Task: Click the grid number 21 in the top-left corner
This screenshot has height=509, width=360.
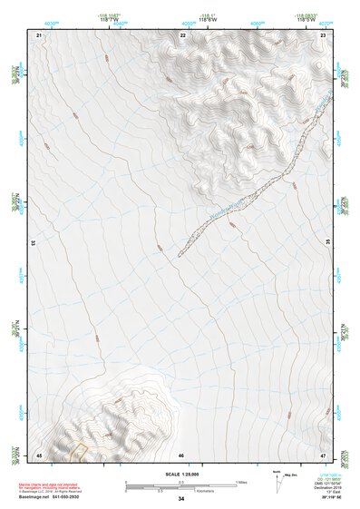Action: [x=39, y=34]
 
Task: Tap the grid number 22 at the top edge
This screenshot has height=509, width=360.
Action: [x=182, y=34]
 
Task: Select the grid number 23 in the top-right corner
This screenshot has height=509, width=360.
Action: [x=323, y=34]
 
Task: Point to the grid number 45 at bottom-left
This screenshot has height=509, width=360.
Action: [x=39, y=454]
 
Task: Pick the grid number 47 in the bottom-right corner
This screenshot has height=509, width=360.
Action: [x=323, y=454]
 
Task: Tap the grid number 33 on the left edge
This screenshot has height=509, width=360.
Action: [x=34, y=243]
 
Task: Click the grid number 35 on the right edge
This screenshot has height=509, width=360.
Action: [x=328, y=243]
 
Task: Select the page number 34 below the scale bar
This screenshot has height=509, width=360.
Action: [x=181, y=499]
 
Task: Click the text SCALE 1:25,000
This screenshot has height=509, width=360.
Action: [x=181, y=474]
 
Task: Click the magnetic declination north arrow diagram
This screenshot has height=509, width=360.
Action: [x=277, y=481]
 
